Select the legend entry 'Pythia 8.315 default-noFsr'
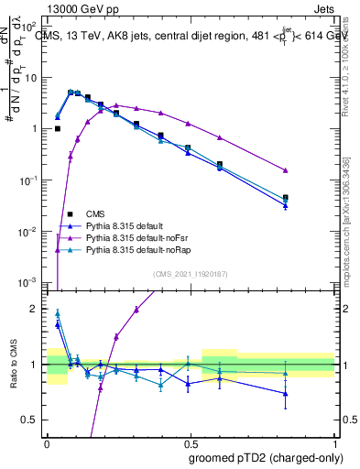coord(139,237)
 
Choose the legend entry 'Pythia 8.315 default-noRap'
coord(140,249)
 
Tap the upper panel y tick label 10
coord(31,78)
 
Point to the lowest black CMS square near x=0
coord(57,129)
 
